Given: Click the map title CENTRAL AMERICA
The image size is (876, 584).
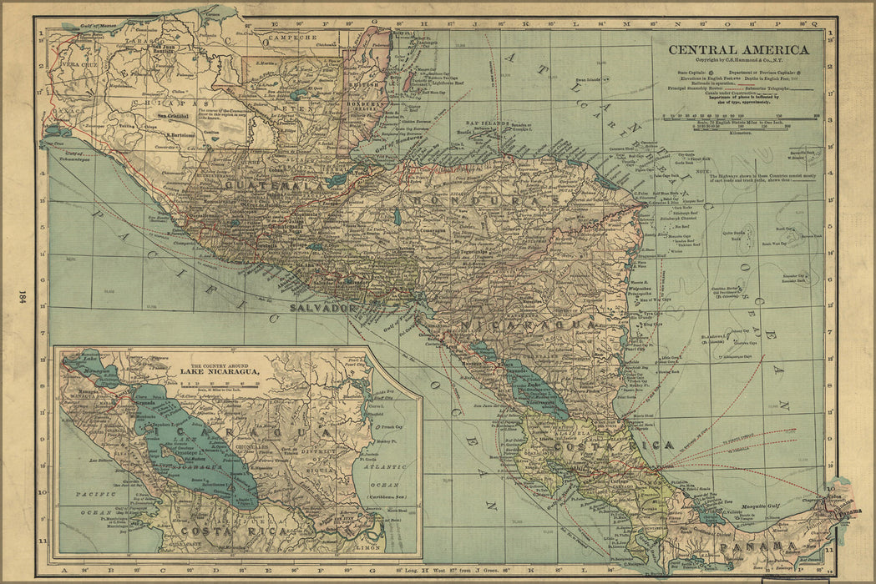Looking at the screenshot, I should pyautogui.click(x=737, y=50).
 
